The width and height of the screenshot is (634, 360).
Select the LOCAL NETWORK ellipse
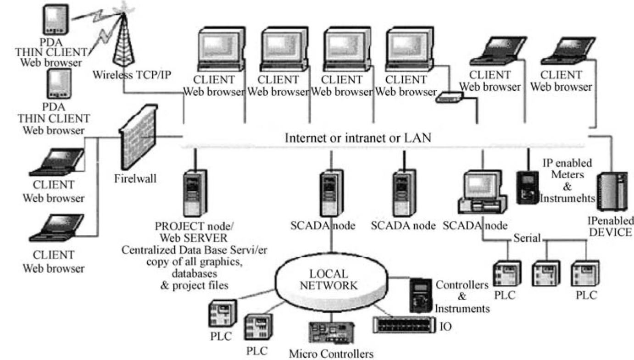[328, 280]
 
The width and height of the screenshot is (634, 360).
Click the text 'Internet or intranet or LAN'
[358, 138]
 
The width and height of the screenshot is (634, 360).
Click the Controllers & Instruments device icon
[421, 294]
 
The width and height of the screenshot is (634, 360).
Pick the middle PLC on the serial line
[545, 274]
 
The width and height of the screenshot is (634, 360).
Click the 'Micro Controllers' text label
[331, 354]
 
